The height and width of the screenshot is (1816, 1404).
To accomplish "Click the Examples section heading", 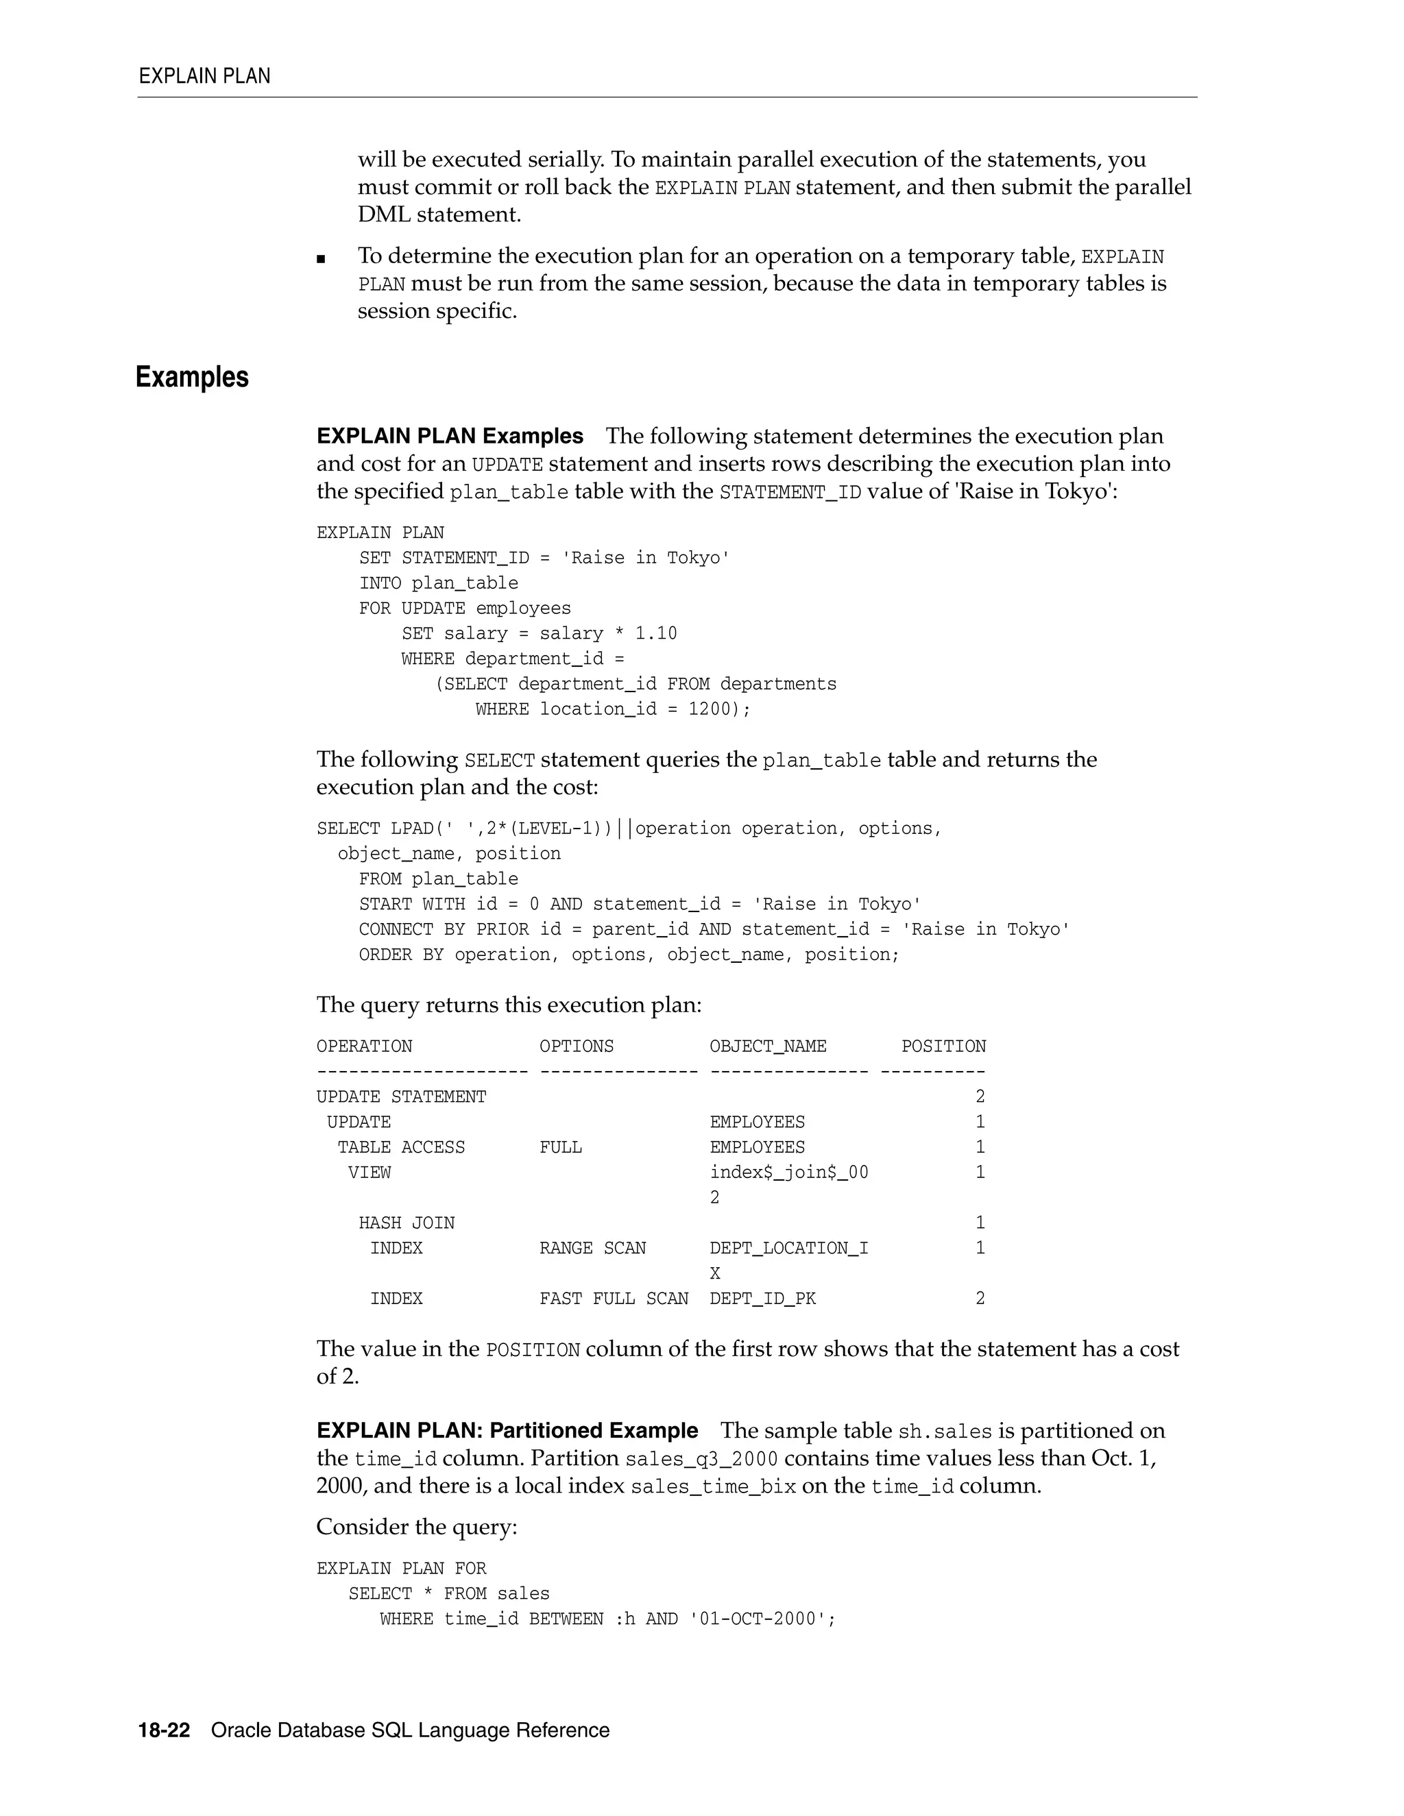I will [x=192, y=378].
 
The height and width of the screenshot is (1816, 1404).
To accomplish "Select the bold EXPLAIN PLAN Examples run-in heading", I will [x=450, y=436].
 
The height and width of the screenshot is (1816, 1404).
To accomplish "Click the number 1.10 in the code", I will [x=656, y=634].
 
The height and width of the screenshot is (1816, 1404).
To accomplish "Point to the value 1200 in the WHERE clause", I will [x=710, y=709].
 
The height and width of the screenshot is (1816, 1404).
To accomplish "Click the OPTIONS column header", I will [x=577, y=1046].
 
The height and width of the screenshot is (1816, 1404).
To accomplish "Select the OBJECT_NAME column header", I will [x=768, y=1046].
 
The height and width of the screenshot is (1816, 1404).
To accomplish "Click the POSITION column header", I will [x=943, y=1046].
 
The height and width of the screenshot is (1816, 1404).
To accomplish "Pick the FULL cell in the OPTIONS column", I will [x=561, y=1147].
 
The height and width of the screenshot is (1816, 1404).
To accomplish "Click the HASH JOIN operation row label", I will [x=407, y=1223].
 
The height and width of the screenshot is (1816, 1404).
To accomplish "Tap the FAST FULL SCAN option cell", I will [x=614, y=1299].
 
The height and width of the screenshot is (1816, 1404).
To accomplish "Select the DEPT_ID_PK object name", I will [x=763, y=1299].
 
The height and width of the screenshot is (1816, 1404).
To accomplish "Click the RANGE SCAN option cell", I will [x=592, y=1248].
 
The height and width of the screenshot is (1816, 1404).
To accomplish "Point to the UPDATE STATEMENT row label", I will [x=401, y=1096].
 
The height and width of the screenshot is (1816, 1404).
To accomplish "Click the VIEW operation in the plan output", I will [x=370, y=1173].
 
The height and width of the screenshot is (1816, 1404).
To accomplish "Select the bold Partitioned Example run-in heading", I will [x=507, y=1431].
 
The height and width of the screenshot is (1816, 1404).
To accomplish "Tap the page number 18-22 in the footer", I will [x=164, y=1730].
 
